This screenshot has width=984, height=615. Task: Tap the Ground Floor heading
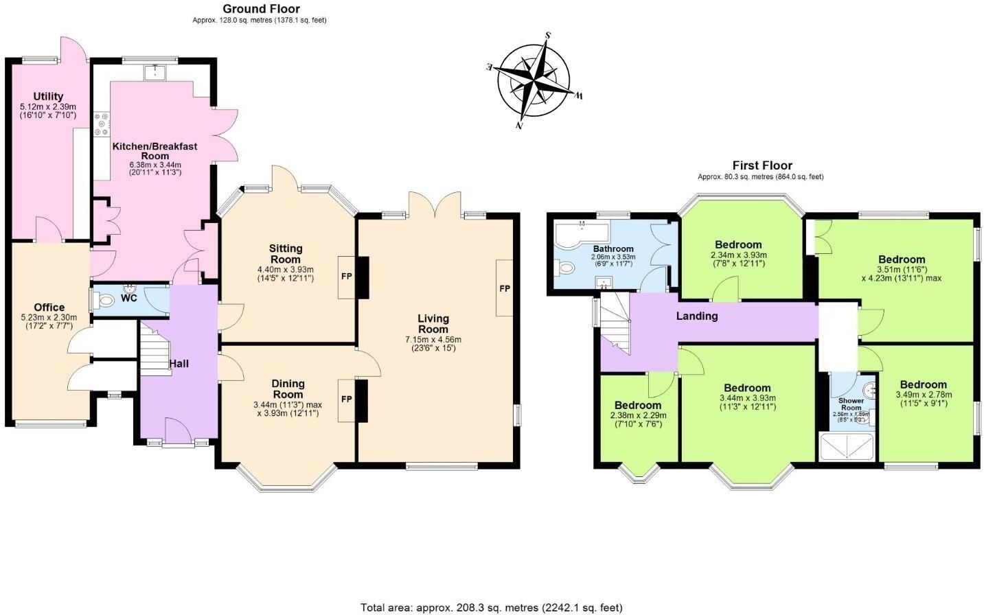click(x=261, y=9)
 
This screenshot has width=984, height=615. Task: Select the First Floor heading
click(x=762, y=165)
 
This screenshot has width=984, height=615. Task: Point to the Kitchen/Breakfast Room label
click(x=155, y=151)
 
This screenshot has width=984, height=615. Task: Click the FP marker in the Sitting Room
click(x=345, y=277)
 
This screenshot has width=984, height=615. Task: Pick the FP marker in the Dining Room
click(x=347, y=399)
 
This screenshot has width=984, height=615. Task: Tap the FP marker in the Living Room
click(x=505, y=288)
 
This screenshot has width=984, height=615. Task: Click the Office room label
click(x=49, y=307)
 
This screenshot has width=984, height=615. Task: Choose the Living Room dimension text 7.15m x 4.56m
click(x=433, y=339)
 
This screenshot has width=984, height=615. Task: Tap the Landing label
click(x=697, y=316)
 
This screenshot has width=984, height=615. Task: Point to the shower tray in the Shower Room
click(x=849, y=445)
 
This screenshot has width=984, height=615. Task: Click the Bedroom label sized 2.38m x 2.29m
click(x=638, y=405)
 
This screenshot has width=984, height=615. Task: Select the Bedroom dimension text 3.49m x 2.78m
click(x=923, y=395)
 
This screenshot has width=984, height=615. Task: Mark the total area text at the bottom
click(x=492, y=607)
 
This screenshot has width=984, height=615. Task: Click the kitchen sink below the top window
click(x=157, y=71)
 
